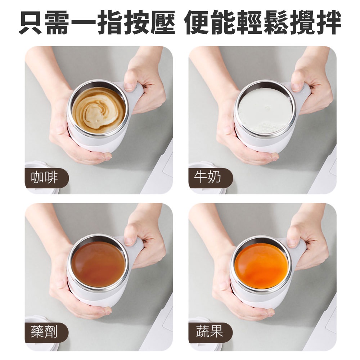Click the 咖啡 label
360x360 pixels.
point(44,178)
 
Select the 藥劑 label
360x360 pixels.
point(44,332)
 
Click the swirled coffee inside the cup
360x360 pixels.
point(99,111)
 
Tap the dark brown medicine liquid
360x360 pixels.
point(99,265)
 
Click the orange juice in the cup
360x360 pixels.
point(262,266)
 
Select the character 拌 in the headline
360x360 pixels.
point(328,22)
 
